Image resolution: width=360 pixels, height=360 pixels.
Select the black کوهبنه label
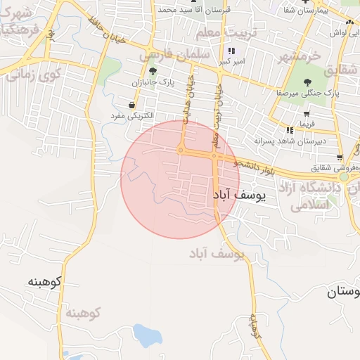point(45,282)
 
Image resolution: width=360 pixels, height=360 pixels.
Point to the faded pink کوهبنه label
point(82,311)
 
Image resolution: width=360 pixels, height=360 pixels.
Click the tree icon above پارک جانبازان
point(153,72)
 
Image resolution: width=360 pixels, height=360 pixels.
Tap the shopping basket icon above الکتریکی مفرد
point(132,105)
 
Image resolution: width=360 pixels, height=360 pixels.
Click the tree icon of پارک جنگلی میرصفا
point(307,81)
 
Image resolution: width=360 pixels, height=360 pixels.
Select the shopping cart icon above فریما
point(307,114)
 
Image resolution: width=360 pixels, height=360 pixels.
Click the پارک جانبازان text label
point(152,84)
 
